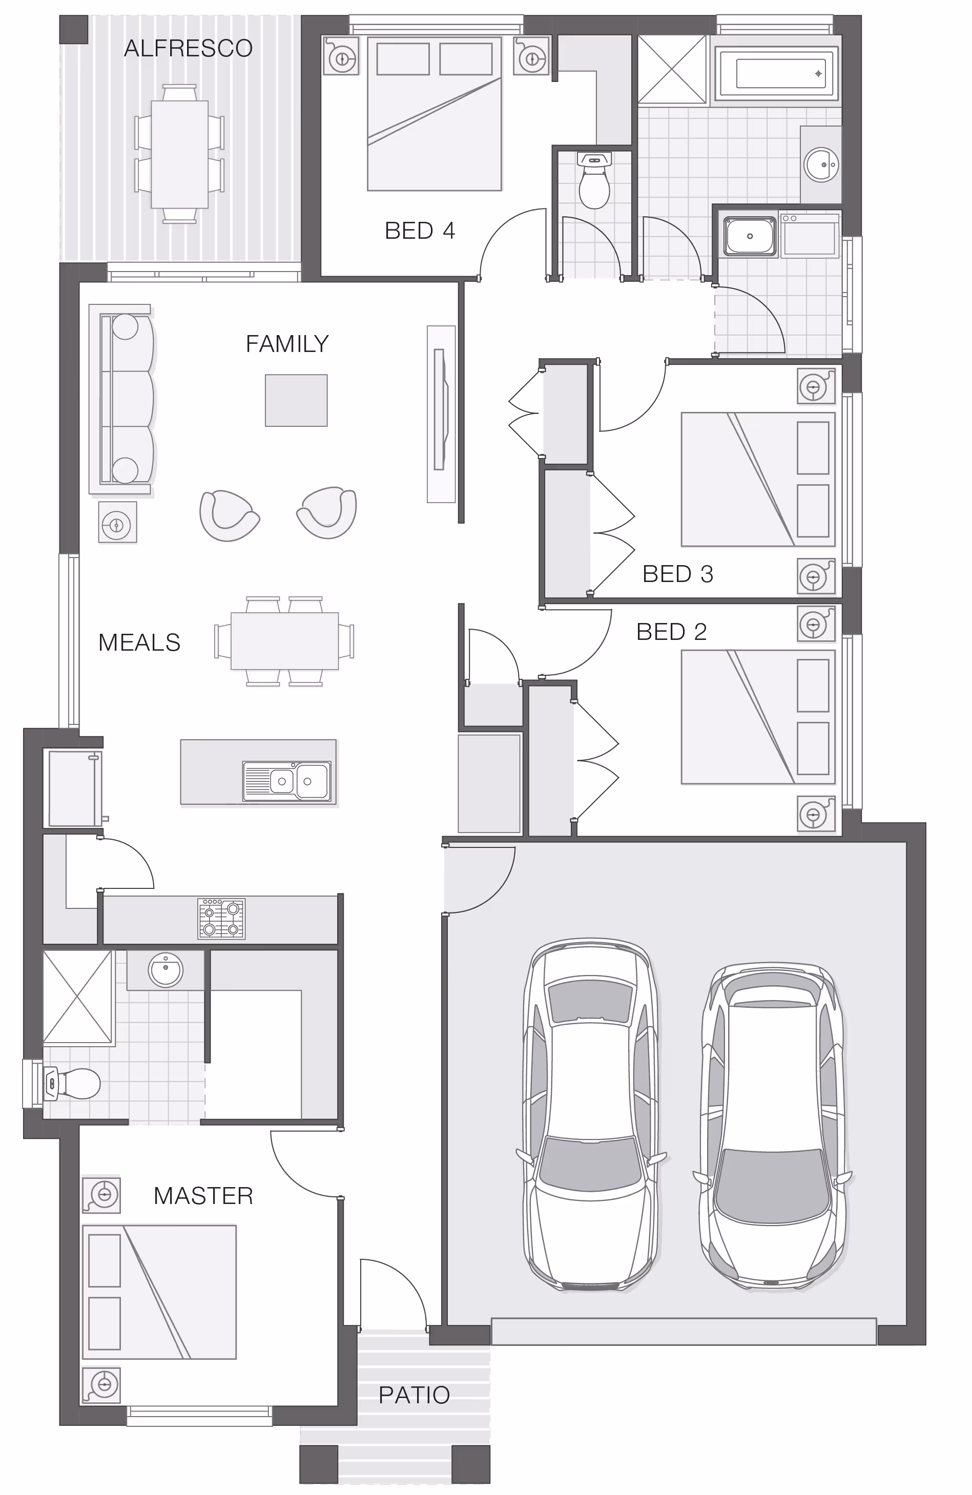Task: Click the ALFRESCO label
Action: coord(188,48)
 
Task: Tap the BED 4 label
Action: coord(420,231)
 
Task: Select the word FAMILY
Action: coord(287,344)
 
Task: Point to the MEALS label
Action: coord(139,642)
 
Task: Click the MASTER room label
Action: coord(203,1195)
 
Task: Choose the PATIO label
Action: coord(414,1395)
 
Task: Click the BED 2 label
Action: coord(672,631)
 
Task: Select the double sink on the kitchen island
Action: coord(287,781)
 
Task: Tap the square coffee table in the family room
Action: coord(296,400)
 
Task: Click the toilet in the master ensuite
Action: coord(72,1083)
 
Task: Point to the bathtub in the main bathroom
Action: coord(777,74)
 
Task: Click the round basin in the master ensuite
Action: coord(166,970)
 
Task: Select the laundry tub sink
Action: coord(750,236)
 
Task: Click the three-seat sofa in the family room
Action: coord(122,399)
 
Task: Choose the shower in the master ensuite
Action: coord(78,998)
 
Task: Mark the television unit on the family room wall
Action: coord(441,414)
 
